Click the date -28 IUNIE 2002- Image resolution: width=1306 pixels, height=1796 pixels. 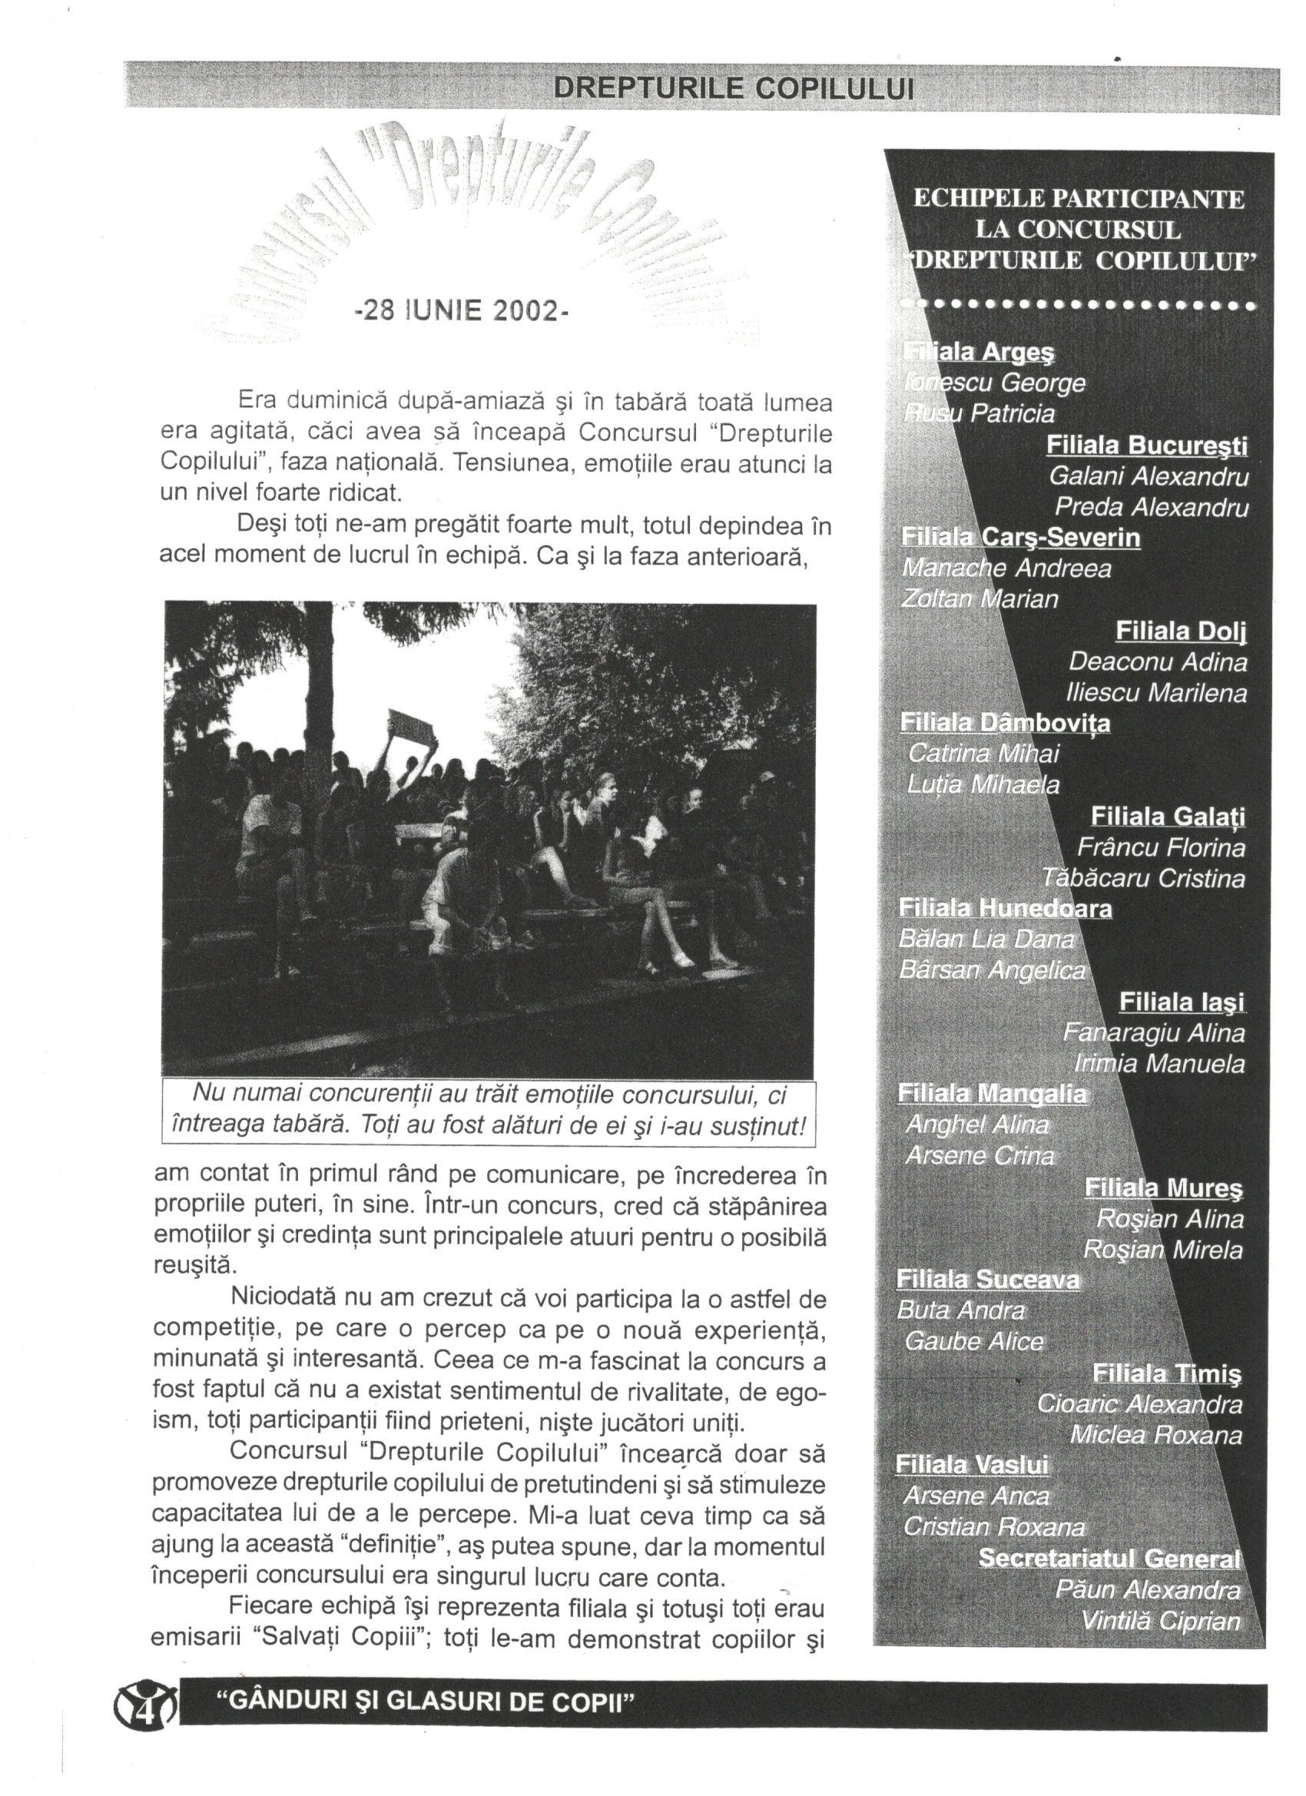pos(462,310)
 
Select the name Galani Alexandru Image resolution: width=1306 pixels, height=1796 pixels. pos(1149,477)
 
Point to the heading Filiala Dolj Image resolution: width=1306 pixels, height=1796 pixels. pos(1181,631)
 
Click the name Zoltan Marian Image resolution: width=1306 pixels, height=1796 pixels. pos(979,598)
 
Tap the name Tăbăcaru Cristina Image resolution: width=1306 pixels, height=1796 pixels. pos(1143,878)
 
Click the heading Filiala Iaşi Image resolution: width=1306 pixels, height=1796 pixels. pos(1181,1002)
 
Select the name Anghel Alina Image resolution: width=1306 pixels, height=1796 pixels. pos(976,1125)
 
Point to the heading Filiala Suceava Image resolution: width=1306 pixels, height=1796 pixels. pos(988,1280)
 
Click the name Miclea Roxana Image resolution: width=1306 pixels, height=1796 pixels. pos(1155,1435)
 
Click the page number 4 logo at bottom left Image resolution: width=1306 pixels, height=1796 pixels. pos(146,1701)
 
